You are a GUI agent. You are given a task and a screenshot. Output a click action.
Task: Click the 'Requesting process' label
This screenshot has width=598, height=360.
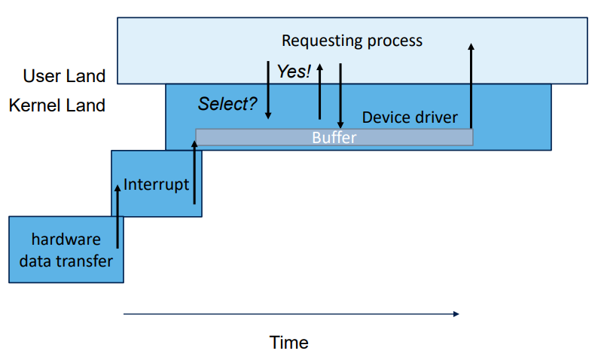352,41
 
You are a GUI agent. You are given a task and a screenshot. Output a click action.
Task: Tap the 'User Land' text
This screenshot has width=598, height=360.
64,76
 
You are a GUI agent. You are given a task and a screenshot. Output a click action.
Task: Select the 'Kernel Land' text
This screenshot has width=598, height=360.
57,105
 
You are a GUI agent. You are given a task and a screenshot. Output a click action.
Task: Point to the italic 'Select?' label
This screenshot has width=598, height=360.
227,104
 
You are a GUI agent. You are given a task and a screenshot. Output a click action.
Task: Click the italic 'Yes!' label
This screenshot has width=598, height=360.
294,72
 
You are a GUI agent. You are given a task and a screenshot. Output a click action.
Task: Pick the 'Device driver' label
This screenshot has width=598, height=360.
409,117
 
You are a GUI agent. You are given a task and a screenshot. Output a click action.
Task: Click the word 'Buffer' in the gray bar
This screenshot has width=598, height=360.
334,138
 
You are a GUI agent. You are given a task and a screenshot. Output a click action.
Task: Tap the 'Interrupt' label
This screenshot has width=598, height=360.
156,185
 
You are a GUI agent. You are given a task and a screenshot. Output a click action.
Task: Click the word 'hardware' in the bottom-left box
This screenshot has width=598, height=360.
66,239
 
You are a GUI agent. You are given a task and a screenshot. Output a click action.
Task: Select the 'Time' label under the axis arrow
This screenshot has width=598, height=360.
289,343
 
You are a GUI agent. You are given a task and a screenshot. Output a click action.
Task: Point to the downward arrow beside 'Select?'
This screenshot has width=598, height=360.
268,90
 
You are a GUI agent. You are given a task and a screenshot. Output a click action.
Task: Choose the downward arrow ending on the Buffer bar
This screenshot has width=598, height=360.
340,96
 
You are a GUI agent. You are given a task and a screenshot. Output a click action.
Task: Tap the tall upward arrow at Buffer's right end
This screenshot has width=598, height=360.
471,87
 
